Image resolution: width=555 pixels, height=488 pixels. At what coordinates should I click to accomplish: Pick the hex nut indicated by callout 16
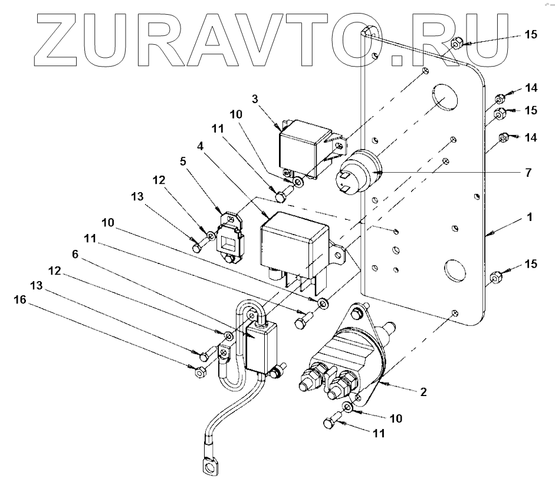199,372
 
